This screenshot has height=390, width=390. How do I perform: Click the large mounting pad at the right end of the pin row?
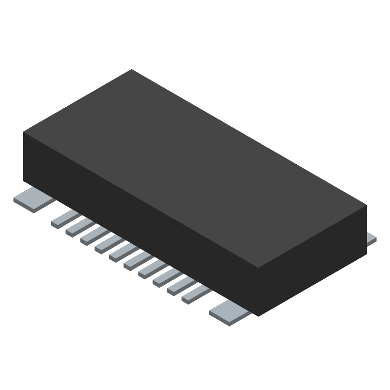[230, 312]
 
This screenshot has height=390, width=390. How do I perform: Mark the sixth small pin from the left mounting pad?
[137, 259]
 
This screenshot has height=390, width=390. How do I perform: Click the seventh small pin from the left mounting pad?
[152, 268]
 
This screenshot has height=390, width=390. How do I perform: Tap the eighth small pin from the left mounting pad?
[166, 276]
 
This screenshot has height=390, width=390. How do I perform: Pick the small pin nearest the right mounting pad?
[195, 293]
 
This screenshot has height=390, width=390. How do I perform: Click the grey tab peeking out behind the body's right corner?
[371, 237]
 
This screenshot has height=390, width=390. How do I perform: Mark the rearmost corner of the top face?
[132, 70]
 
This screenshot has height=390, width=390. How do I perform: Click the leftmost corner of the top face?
[24, 132]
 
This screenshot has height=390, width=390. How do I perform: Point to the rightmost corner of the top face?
[366, 205]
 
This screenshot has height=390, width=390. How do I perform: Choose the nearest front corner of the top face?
[258, 268]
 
